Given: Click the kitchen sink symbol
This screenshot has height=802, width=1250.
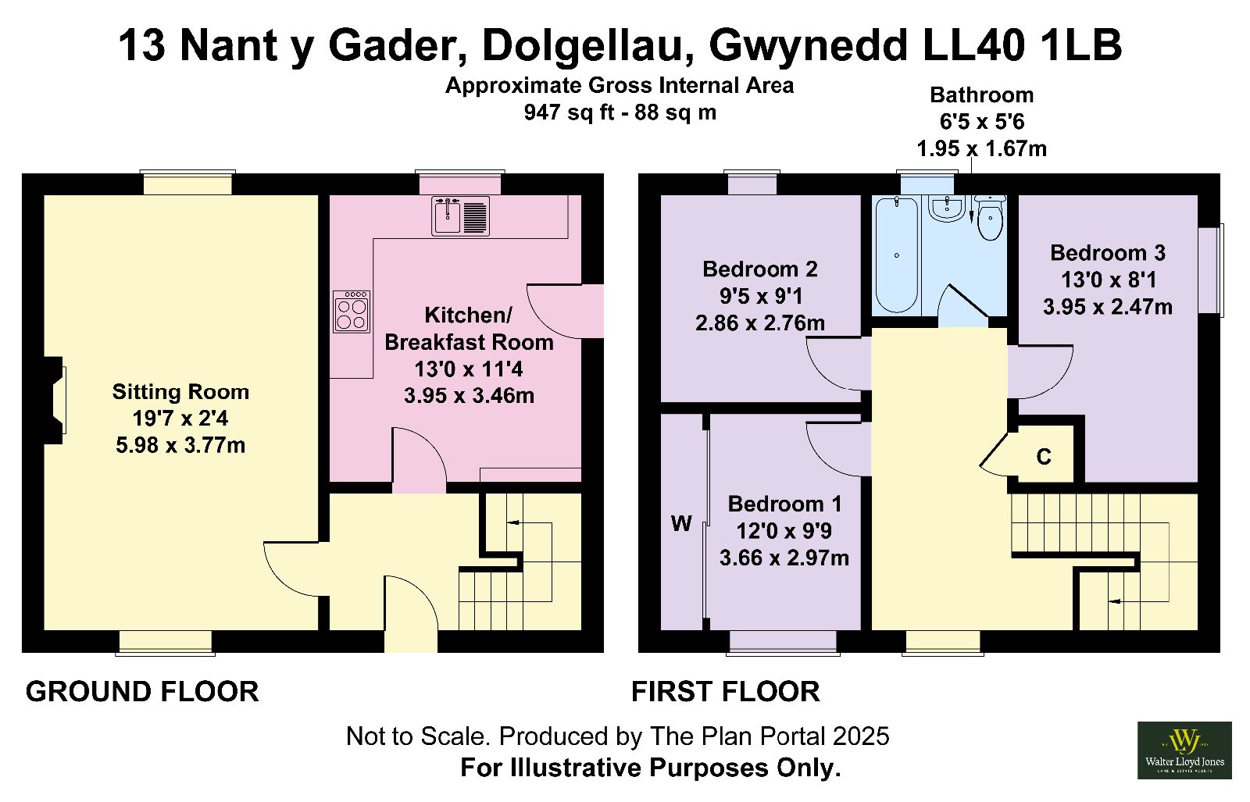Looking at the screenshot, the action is (460, 216).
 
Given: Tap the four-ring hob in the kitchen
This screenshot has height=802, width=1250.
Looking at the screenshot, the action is (352, 312).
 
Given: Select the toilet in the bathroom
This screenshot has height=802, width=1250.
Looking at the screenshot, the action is (991, 217).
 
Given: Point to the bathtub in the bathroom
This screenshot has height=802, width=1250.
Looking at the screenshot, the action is (897, 255).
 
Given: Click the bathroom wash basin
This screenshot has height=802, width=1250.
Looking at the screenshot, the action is (946, 208).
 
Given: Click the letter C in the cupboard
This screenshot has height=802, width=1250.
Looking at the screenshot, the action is (1044, 457).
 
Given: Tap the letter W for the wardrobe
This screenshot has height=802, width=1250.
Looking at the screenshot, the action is (681, 524).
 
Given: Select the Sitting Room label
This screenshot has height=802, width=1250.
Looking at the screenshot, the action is (180, 391).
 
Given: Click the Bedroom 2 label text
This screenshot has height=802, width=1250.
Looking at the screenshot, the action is (760, 269).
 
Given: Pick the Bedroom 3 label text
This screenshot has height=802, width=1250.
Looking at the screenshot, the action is (1108, 253).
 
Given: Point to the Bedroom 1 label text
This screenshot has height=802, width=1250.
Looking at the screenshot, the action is (784, 504).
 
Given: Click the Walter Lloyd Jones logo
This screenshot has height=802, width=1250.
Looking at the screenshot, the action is (1184, 750).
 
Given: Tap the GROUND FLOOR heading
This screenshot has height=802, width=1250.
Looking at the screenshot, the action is (142, 692).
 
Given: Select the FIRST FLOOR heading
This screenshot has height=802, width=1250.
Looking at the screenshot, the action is (726, 692).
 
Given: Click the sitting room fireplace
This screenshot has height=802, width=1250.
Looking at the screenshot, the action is (54, 400).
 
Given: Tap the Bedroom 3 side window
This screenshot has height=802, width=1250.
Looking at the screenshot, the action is (1211, 270).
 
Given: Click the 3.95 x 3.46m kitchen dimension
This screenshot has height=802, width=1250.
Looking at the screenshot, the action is (469, 396).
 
